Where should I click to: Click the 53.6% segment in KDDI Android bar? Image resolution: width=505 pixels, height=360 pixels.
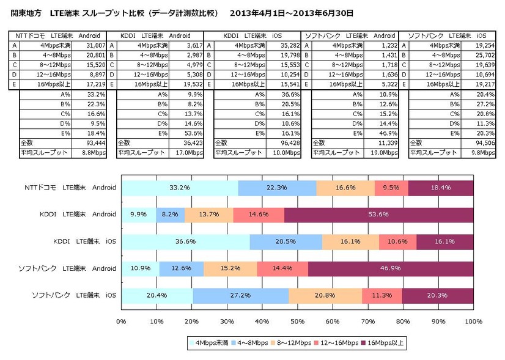coord(379,215)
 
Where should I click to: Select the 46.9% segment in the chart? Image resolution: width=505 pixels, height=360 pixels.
coord(391,268)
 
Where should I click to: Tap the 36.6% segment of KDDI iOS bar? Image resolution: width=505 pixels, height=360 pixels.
coord(185,241)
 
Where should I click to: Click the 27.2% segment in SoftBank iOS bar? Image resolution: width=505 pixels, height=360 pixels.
coord(241,295)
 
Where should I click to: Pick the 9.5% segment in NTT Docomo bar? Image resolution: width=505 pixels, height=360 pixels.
coord(391,188)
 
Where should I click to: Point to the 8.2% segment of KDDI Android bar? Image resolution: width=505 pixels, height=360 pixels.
coord(169,215)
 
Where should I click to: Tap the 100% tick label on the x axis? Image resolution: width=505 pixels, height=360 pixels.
coord(473,320)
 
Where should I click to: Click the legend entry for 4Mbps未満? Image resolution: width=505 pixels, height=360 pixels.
coord(210,343)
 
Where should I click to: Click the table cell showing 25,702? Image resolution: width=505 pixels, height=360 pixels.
coord(481,54)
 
